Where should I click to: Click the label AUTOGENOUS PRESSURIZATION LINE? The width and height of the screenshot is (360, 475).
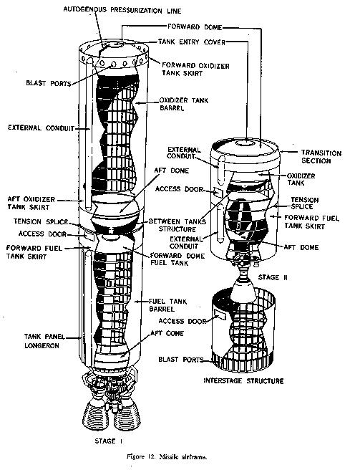pos(122,10)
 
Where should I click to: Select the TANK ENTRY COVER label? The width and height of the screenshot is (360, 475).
pos(192,42)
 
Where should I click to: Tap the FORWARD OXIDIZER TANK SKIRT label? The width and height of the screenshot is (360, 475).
pos(195,69)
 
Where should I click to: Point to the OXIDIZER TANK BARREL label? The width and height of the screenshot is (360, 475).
pos(184,104)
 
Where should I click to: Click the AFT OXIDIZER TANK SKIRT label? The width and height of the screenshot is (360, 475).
pos(31,203)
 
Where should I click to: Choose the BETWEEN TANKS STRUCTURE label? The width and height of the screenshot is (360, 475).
pos(177,225)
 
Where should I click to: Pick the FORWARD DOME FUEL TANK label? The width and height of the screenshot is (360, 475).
pos(177,259)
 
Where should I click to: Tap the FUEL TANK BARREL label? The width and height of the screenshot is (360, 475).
pos(167,305)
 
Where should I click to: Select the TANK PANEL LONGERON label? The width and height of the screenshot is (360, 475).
pos(44,341)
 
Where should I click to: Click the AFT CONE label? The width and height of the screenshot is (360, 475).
pos(167,334)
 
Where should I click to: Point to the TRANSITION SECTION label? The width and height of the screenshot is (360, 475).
pos(321,157)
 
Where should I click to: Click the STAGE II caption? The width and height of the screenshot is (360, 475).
pos(273,277)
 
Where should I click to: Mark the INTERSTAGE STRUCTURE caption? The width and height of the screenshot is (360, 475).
pos(243,380)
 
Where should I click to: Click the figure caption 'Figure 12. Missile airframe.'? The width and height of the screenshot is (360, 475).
pos(167,456)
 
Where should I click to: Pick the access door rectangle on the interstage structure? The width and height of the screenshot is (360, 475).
pos(220,315)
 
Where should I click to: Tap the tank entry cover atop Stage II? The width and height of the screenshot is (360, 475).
pos(245,143)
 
